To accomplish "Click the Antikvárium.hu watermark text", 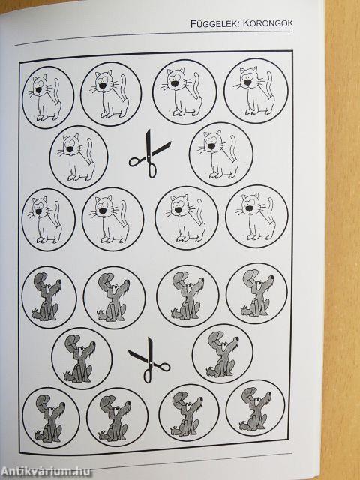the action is point(46,472).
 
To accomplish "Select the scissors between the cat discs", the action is point(150,154).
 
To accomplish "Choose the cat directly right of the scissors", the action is point(219,155).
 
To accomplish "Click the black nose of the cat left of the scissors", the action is point(70,149).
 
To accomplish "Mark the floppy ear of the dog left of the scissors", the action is point(71,340).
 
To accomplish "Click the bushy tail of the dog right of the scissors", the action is point(211,372).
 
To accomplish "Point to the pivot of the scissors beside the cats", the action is point(149,155).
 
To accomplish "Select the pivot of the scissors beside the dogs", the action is point(150,361).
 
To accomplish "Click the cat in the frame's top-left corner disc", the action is point(45,97).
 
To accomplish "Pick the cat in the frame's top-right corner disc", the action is point(254,91).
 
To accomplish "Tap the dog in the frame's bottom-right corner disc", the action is point(255,409).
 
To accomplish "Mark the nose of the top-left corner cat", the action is point(38,90).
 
